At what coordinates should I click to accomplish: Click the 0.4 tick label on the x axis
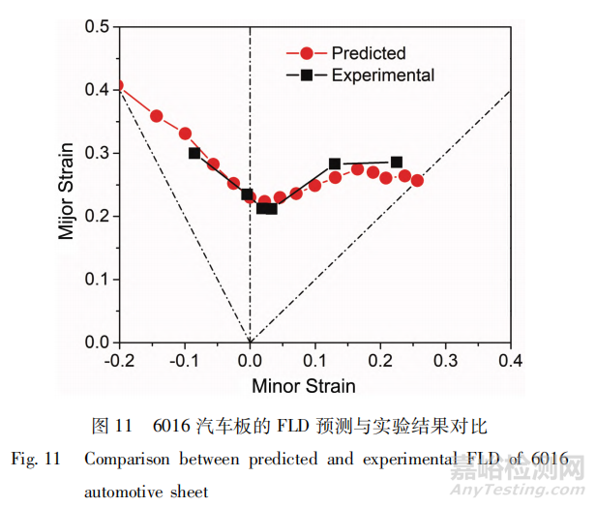click(x=509, y=360)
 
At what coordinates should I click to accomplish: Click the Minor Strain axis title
click(x=303, y=385)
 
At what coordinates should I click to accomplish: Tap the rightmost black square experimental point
click(x=397, y=163)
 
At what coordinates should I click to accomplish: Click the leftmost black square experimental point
click(x=194, y=153)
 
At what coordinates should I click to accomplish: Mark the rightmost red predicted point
click(x=417, y=180)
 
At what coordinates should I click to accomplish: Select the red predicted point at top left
click(x=118, y=85)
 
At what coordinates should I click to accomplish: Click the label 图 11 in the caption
click(x=110, y=425)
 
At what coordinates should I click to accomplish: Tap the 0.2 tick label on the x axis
click(x=378, y=360)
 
